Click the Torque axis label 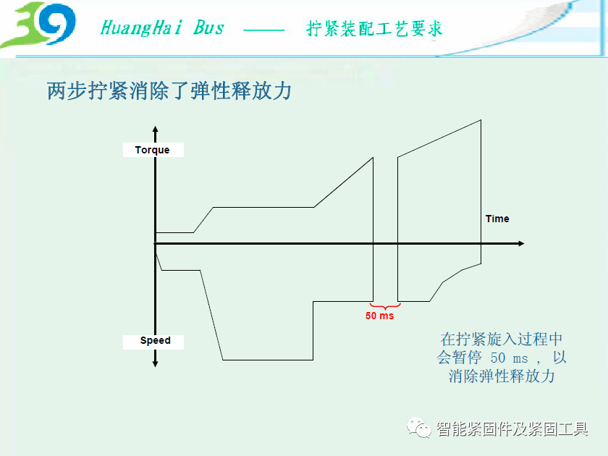point(152,150)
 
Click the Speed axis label point(155,340)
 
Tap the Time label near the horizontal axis point(497,219)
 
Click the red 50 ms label point(379,316)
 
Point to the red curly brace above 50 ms point(385,306)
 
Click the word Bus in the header point(208,28)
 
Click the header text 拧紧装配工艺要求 point(374,29)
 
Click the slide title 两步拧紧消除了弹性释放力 point(169,90)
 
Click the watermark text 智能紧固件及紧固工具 point(512,429)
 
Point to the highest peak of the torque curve point(481,120)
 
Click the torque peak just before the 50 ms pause point(373,158)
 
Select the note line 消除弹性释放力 point(502,376)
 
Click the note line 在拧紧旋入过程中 point(502,339)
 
